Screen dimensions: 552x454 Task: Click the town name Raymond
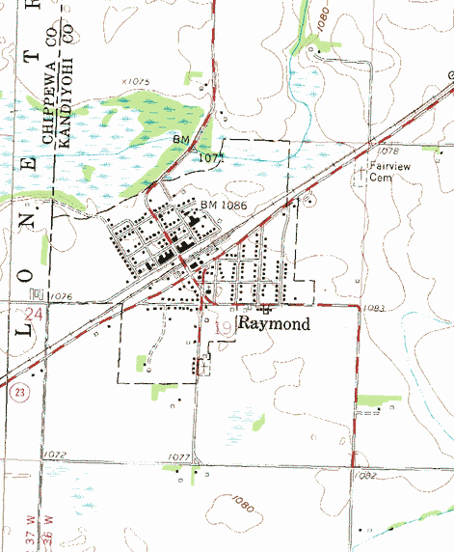click(x=274, y=324)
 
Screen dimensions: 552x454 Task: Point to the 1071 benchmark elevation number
click(x=212, y=155)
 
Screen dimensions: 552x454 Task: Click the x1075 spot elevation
click(x=136, y=83)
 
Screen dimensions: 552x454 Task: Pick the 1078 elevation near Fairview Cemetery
click(x=387, y=152)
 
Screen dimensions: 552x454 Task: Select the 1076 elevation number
click(x=61, y=296)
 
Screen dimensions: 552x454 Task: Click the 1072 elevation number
click(x=54, y=453)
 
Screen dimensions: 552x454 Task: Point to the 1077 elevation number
click(x=179, y=457)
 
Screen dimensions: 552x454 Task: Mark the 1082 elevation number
click(x=364, y=475)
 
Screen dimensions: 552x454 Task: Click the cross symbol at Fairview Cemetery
click(x=362, y=175)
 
